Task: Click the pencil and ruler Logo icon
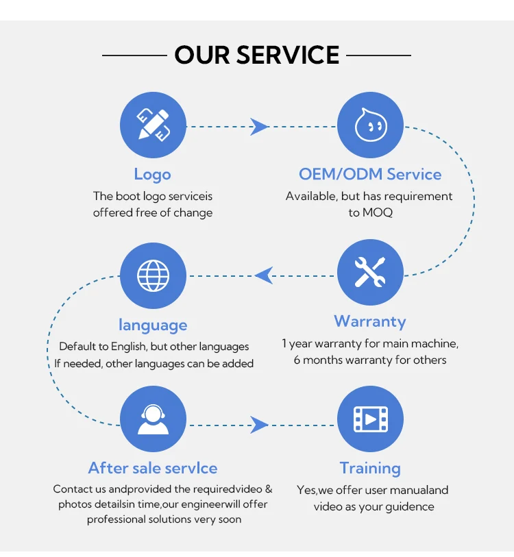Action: click(152, 126)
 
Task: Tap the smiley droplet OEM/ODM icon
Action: click(370, 126)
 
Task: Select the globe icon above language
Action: click(152, 276)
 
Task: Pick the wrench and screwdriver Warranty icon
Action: click(370, 272)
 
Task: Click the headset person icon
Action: click(152, 419)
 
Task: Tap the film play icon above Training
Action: click(370, 419)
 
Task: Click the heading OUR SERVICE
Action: click(257, 55)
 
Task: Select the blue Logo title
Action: click(152, 174)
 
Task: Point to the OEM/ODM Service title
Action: click(370, 174)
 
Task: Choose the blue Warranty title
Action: click(370, 321)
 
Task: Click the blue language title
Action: click(152, 325)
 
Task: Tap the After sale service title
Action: click(152, 469)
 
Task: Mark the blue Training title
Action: click(370, 469)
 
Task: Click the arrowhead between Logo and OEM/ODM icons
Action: click(258, 126)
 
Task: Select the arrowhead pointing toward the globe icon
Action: click(264, 276)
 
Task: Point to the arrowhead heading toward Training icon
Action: click(258, 425)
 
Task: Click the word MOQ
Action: click(377, 212)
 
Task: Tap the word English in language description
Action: click(129, 347)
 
